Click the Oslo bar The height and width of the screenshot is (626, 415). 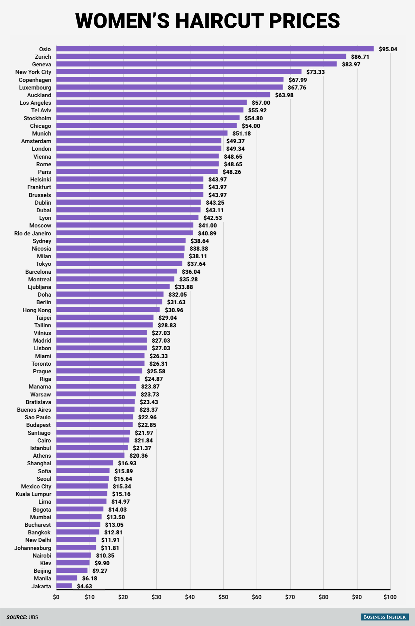tap(215, 49)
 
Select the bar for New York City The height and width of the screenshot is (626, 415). tap(179, 72)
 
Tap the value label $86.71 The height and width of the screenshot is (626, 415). tap(360, 57)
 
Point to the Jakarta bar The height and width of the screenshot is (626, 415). tap(64, 586)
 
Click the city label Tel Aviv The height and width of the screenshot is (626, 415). tap(41, 110)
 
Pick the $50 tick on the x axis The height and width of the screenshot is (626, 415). tap(223, 597)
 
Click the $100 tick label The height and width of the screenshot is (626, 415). tap(390, 597)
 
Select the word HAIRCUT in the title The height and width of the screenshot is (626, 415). tap(220, 21)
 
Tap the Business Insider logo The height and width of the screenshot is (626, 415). tap(385, 617)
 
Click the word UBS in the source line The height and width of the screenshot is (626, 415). tap(34, 617)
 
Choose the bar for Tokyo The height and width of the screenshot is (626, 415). tap(119, 264)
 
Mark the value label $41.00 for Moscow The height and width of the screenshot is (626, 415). tap(207, 225)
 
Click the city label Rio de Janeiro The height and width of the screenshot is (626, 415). tap(33, 233)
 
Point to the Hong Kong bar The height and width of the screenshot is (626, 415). tap(108, 310)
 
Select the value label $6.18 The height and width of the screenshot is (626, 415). tap(90, 578)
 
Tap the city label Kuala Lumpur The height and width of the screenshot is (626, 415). tap(33, 494)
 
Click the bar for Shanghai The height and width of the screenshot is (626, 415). tap(85, 463)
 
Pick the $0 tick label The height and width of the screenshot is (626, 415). tap(56, 597)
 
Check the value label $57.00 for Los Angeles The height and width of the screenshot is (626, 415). tap(261, 103)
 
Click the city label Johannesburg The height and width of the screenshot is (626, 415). tap(33, 548)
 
